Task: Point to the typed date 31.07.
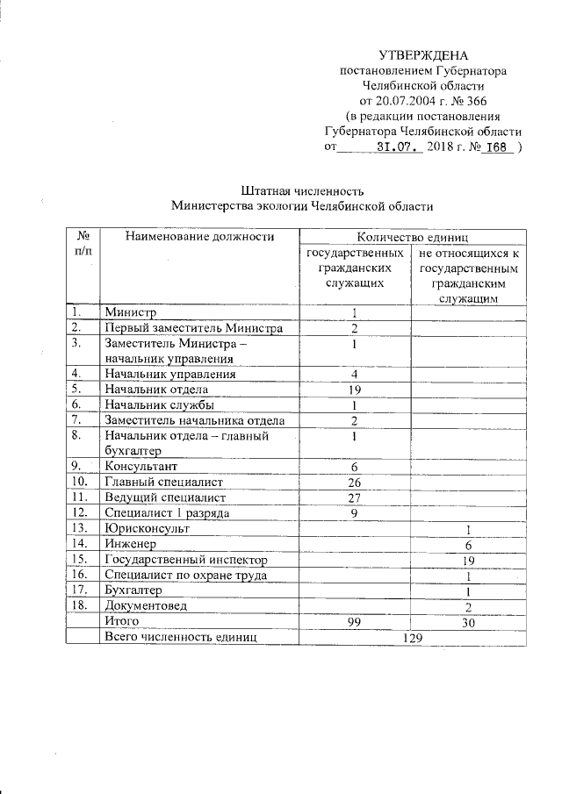395,147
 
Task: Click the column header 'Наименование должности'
199,236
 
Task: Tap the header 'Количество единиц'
413,236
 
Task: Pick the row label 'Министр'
130,312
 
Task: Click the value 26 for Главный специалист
355,482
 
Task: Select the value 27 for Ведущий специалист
355,497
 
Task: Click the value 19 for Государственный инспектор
469,560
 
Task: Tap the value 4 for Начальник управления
355,374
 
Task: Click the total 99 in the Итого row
355,621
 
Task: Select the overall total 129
413,637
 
